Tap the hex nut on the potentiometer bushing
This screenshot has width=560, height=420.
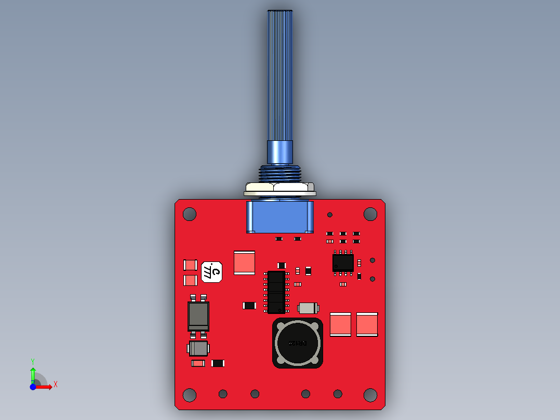tap(279, 188)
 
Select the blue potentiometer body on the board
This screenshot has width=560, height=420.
tap(279, 217)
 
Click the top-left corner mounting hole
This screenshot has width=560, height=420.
tap(190, 214)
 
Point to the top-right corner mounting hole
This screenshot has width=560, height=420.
tap(370, 214)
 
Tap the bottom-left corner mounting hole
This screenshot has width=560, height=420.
tap(190, 395)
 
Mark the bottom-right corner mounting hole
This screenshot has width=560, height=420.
tap(370, 395)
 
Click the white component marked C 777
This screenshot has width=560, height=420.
tap(212, 272)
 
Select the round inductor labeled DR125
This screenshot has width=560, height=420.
tap(298, 343)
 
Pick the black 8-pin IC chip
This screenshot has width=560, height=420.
tap(343, 263)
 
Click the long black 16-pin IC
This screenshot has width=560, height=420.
tap(276, 292)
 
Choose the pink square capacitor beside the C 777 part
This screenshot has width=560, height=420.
tap(245, 262)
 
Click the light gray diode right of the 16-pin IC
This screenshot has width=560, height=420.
tap(309, 308)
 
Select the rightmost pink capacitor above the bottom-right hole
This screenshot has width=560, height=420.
tap(367, 324)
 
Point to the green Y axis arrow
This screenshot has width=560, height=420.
tap(33, 373)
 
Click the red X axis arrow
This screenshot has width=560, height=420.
tap(46, 387)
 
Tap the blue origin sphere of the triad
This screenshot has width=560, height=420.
tap(33, 387)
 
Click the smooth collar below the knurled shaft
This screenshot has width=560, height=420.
tap(280, 152)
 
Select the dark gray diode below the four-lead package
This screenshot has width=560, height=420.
tap(198, 348)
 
